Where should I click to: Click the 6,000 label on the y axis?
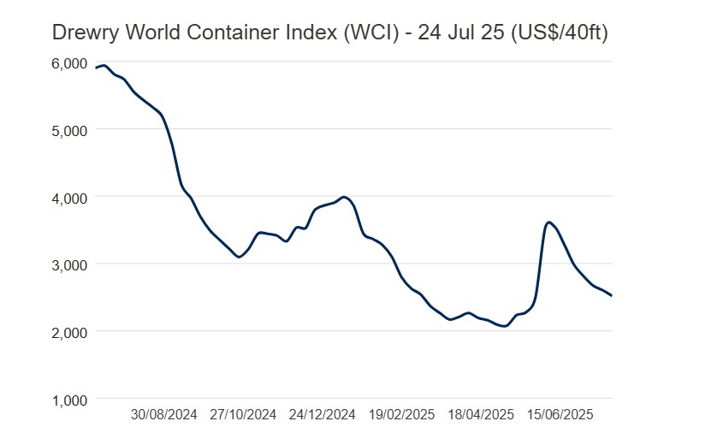(x=69, y=63)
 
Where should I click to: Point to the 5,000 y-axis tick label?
(x=69, y=130)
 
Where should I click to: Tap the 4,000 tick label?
(x=69, y=198)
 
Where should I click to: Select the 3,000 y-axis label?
(x=69, y=264)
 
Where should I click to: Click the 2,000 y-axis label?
(x=69, y=332)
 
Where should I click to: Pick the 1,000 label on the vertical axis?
(x=69, y=399)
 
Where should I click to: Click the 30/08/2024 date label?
(x=164, y=415)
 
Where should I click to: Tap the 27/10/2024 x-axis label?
(x=244, y=415)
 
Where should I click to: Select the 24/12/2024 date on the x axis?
(x=323, y=415)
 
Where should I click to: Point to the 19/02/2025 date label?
(x=402, y=415)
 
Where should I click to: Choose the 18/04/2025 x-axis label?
(x=481, y=415)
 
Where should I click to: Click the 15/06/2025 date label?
(x=560, y=415)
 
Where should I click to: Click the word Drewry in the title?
(x=82, y=33)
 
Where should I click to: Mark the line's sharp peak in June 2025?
(x=549, y=222)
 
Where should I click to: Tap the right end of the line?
(x=612, y=295)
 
